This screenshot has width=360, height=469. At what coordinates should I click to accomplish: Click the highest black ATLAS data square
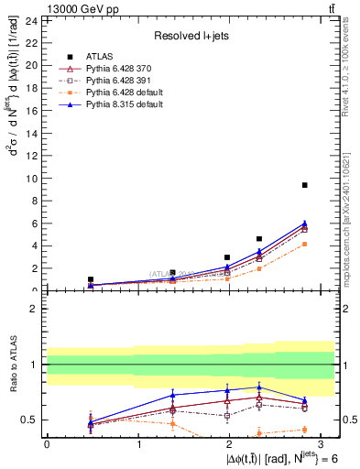click(304, 185)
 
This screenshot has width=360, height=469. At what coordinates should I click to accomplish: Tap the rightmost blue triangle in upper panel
click(304, 223)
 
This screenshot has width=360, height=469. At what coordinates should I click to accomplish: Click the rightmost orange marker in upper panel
click(304, 244)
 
